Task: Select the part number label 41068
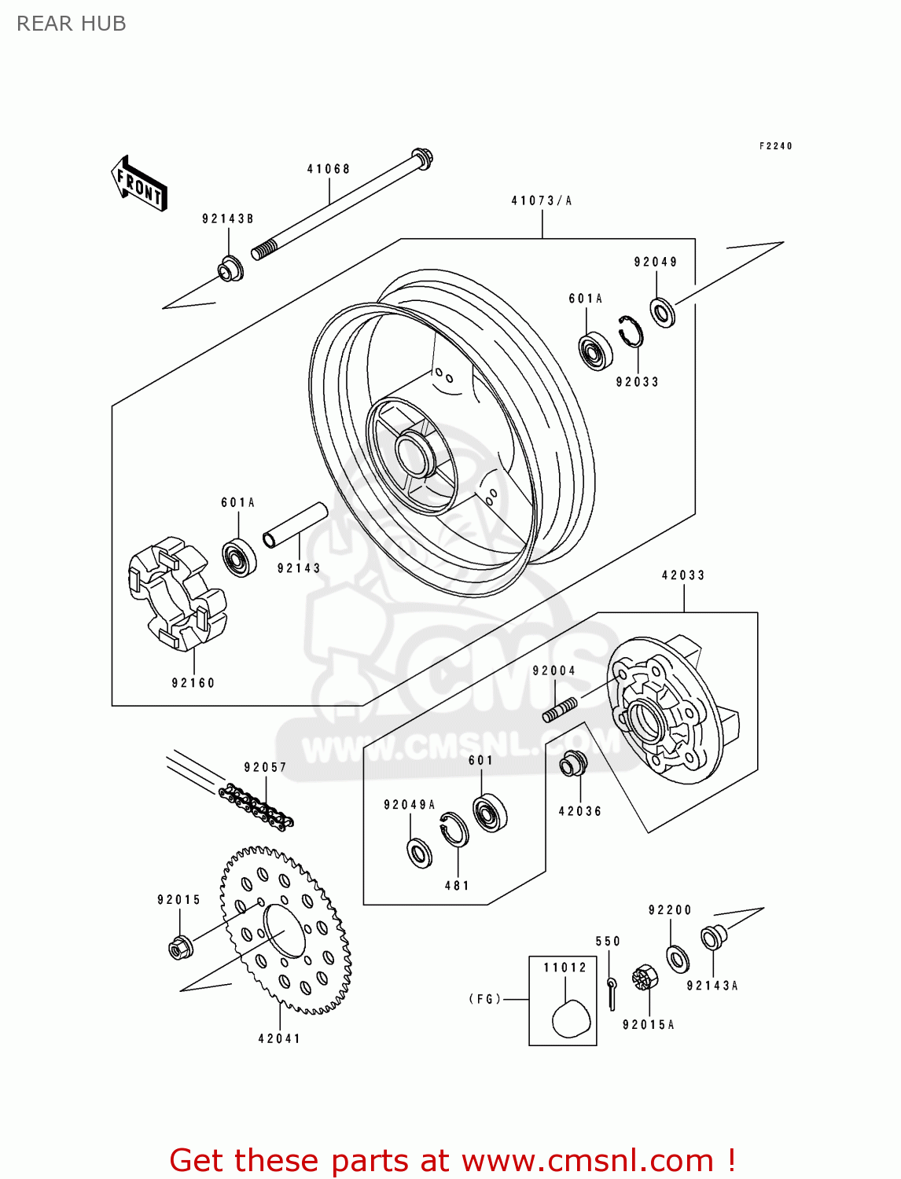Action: pyautogui.click(x=329, y=169)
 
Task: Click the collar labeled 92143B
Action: pyautogui.click(x=230, y=269)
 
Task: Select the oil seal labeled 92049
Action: pyautogui.click(x=663, y=311)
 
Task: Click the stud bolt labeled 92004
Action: pyautogui.click(x=560, y=709)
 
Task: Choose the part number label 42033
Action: pyautogui.click(x=683, y=575)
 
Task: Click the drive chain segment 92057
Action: pyautogui.click(x=257, y=806)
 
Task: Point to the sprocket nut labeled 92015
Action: pyautogui.click(x=181, y=947)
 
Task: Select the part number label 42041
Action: pyautogui.click(x=279, y=1038)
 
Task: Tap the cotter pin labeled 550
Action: pyautogui.click(x=612, y=992)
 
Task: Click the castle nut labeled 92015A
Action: pyautogui.click(x=644, y=978)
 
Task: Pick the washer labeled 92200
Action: pyautogui.click(x=677, y=959)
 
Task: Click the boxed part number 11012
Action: pyautogui.click(x=565, y=968)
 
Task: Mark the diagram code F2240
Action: pyautogui.click(x=775, y=146)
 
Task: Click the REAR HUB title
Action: pyautogui.click(x=71, y=24)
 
